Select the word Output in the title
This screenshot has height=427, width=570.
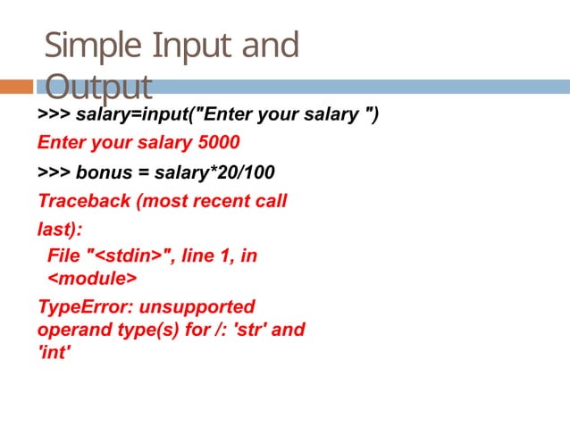pos(98,88)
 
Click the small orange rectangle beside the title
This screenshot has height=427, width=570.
pos(15,87)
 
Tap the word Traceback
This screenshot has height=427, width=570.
pos(84,201)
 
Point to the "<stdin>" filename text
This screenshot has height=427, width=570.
pos(129,256)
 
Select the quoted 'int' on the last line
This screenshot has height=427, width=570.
pos(54,353)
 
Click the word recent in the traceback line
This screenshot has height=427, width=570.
pos(226,201)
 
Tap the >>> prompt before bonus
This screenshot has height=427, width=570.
pos(54,172)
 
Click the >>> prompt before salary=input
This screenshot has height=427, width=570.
pos(54,114)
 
